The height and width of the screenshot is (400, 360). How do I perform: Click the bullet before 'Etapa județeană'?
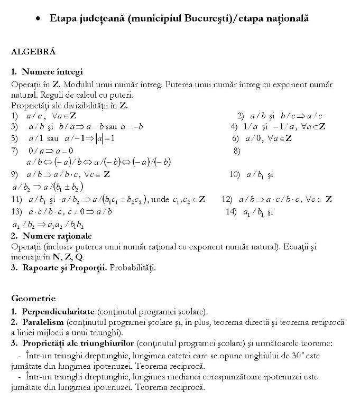click(x=38, y=19)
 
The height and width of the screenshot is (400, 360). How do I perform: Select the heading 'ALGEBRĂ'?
click(x=33, y=52)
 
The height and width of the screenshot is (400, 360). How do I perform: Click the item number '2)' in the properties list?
click(x=241, y=116)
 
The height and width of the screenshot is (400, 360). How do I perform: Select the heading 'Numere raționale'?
click(x=57, y=236)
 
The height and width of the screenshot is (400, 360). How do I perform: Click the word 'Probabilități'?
click(x=135, y=267)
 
